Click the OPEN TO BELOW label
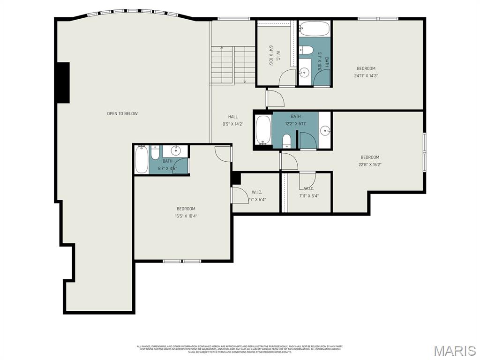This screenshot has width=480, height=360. click(122, 113)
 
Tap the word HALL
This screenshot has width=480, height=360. click(233, 117)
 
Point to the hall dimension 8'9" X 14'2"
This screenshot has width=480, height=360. click(233, 124)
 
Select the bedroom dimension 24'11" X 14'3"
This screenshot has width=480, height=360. click(366, 75)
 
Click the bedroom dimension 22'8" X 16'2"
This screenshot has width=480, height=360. click(370, 165)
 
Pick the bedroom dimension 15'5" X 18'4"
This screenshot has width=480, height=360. click(186, 216)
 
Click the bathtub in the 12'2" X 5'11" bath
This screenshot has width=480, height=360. click(263, 130)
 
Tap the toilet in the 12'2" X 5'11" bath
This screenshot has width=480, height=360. click(287, 141)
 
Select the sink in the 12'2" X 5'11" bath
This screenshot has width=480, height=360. click(325, 130)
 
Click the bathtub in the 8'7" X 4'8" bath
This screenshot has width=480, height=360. click(141, 160)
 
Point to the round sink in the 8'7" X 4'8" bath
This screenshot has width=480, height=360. click(176, 150)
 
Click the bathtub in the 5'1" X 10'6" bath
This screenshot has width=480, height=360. click(315, 29)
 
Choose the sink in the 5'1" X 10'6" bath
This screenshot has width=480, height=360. click(304, 72)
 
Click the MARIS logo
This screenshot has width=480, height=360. click(454, 350)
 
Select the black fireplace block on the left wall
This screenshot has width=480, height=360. click(62, 82)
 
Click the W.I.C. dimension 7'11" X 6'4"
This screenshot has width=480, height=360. click(309, 196)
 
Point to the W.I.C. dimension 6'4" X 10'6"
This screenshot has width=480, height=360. click(270, 55)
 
